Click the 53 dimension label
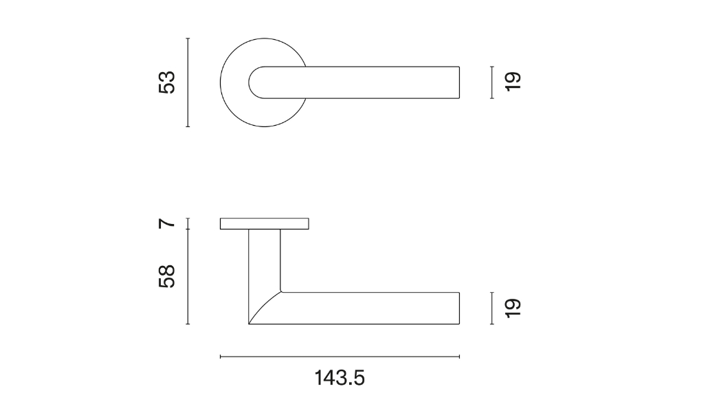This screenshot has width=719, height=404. pyautogui.click(x=167, y=82)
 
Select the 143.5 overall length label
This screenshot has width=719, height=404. pyautogui.click(x=340, y=379)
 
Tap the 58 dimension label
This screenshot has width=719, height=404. pyautogui.click(x=167, y=276)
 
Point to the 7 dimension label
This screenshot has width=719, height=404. pyautogui.click(x=167, y=223)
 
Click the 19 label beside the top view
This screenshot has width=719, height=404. pyautogui.click(x=513, y=82)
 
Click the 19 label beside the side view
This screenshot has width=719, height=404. pyautogui.click(x=513, y=308)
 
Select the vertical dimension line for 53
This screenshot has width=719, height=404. pyautogui.click(x=188, y=82)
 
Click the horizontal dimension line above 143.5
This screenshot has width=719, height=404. pyautogui.click(x=340, y=357)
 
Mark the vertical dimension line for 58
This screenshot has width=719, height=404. pyautogui.click(x=188, y=276)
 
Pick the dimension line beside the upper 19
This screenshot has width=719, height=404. pyautogui.click(x=492, y=82)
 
